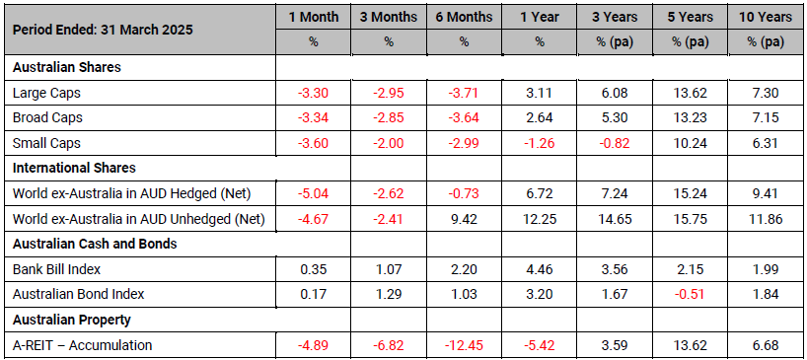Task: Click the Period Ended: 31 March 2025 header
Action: pos(103,30)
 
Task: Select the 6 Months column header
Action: pos(464,17)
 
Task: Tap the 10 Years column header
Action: pos(766,17)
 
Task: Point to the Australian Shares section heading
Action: pos(66,67)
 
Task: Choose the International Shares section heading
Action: pos(74,168)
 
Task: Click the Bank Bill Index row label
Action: pos(56,269)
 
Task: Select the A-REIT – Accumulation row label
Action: pos(82,345)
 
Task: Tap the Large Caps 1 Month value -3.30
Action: pos(313,93)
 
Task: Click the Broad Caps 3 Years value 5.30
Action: pos(615,117)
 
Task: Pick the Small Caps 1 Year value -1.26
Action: pos(539,143)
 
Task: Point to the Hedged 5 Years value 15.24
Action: pos(691,194)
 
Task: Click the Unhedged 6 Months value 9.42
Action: pos(464,220)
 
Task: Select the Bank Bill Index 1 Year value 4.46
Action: pos(539,269)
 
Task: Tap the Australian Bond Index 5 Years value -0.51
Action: pos(691,294)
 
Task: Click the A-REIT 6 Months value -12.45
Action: pos(464,345)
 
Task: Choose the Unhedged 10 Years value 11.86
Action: pos(766,220)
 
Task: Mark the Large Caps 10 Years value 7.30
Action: pos(766,93)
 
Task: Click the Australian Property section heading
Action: pos(72,320)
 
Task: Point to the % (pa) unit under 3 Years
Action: pos(615,42)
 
